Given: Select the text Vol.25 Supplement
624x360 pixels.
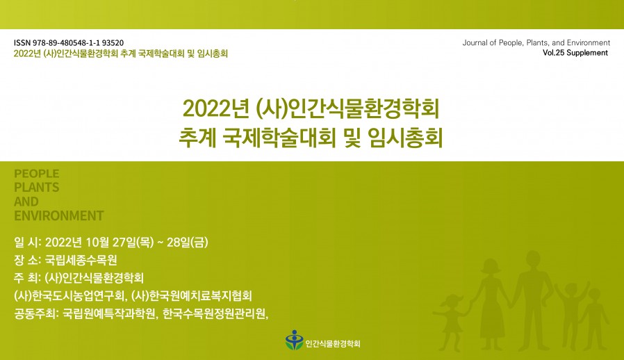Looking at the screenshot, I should click(x=575, y=53).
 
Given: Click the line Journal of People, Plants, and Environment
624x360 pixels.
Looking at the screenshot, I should click(x=536, y=43).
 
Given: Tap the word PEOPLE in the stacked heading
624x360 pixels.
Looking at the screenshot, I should click(x=36, y=174).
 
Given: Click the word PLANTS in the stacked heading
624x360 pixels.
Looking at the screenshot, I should click(x=36, y=188).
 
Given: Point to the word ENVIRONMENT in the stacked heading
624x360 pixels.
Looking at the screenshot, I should click(x=58, y=215).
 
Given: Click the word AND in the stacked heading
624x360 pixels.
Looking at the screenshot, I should click(x=26, y=202).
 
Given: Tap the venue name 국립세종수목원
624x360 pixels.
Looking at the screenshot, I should click(x=81, y=261).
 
